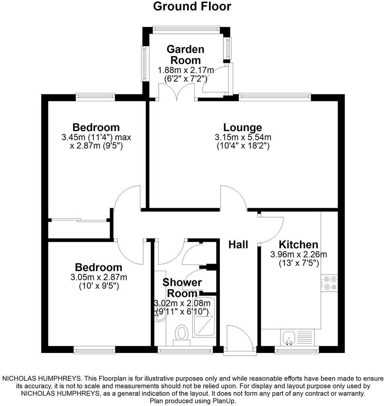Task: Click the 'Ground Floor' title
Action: pyautogui.click(x=192, y=7)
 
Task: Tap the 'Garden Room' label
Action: pyautogui.click(x=185, y=55)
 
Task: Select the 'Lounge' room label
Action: pyautogui.click(x=242, y=127)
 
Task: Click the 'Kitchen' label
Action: pyautogui.click(x=298, y=245)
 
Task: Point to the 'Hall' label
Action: pyautogui.click(x=238, y=245)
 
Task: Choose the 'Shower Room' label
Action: pyautogui.click(x=182, y=288)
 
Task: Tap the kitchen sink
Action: pyautogui.click(x=289, y=338)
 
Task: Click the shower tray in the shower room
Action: pyautogui.click(x=204, y=317)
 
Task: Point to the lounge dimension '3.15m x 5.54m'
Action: pyautogui.click(x=243, y=137)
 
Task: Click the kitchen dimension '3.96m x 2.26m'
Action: pyautogui.click(x=298, y=254)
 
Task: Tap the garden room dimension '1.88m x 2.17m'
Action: pyautogui.click(x=186, y=70)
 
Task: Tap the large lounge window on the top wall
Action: pyautogui.click(x=275, y=95)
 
